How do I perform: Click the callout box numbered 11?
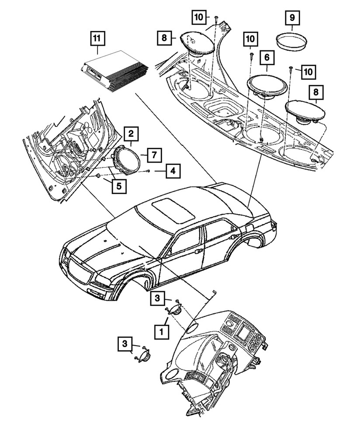click(x=97, y=38)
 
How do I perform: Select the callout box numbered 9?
click(x=291, y=19)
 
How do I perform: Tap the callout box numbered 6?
click(x=267, y=57)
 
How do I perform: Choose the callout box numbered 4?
click(x=173, y=171)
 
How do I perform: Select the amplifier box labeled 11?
click(x=114, y=72)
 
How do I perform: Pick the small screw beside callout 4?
click(x=149, y=170)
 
